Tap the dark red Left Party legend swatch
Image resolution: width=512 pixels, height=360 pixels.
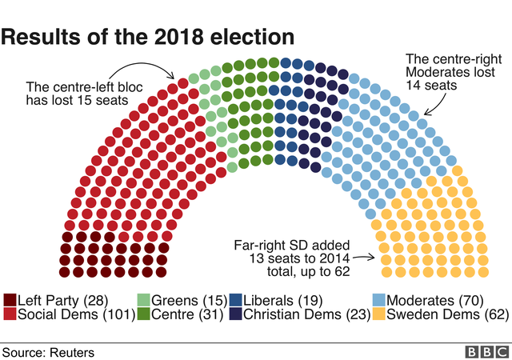click(9, 300)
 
